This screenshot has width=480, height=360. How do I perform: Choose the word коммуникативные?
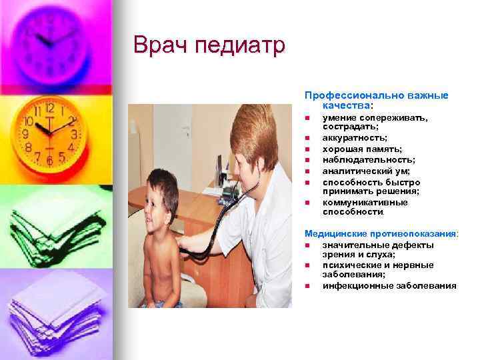coord(365,202)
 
